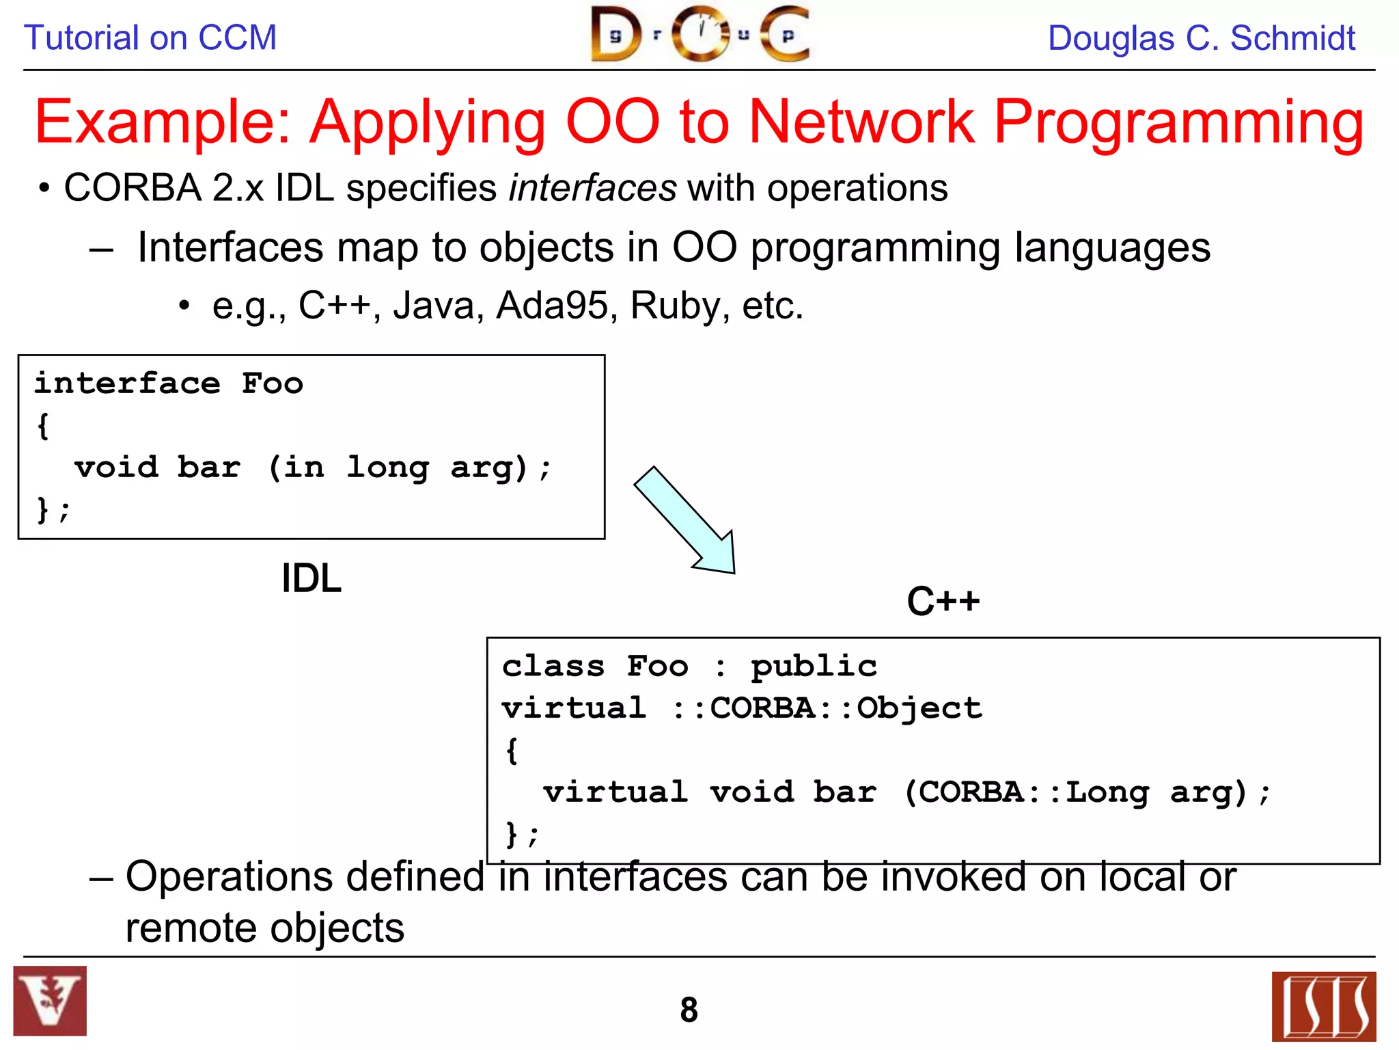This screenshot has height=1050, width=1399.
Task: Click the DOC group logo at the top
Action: [700, 34]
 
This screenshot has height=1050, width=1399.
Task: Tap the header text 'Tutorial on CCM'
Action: [150, 38]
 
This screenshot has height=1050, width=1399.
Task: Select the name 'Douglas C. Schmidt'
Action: [1201, 38]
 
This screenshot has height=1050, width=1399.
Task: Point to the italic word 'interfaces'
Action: [592, 188]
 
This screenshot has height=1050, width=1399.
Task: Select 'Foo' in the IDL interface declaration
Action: [272, 383]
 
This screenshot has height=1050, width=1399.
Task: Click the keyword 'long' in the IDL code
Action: [387, 468]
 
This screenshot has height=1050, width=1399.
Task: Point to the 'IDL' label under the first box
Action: [311, 578]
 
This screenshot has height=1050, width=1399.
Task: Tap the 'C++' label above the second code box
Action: [943, 601]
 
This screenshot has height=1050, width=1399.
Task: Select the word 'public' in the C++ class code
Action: [814, 667]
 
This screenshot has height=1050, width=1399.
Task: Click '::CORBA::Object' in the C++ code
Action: [827, 708]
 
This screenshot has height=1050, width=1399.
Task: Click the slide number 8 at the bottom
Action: [689, 1010]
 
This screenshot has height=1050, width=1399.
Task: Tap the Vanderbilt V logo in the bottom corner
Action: [50, 1001]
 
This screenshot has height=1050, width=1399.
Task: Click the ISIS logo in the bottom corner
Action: [1323, 1006]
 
